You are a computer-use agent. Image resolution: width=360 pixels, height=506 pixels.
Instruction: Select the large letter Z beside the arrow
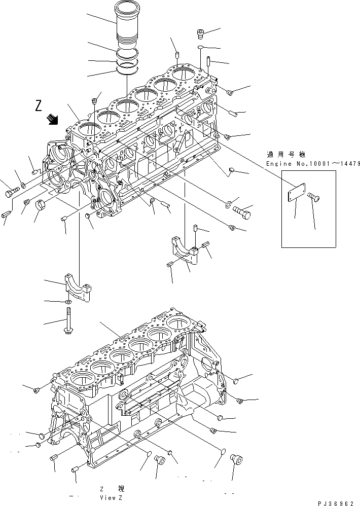click(x=39, y=106)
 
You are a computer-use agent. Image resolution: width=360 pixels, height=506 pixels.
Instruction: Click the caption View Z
click(x=112, y=497)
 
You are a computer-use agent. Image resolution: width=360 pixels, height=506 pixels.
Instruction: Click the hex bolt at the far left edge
click(x=11, y=192)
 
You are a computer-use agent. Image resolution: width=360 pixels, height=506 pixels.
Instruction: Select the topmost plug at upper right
click(x=201, y=34)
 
